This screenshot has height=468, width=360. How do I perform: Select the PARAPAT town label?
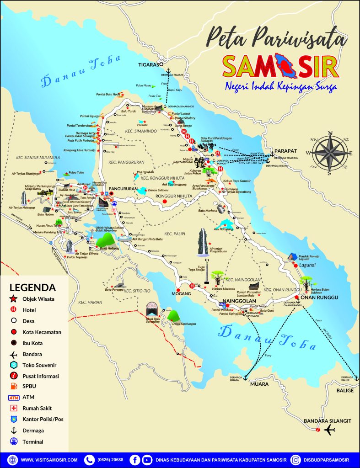pyautogui.click(x=286, y=151)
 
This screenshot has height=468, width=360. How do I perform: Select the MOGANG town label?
pyautogui.click(x=180, y=293)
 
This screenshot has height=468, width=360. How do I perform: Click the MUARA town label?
pyautogui.click(x=259, y=384)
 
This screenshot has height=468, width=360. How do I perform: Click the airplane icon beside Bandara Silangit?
pyautogui.click(x=329, y=430)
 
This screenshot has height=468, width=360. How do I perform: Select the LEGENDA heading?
pyautogui.click(x=32, y=288)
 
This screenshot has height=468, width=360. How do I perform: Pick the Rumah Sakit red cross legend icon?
pyautogui.click(x=13, y=408)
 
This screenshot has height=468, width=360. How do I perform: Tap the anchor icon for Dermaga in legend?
pyautogui.click(x=13, y=431)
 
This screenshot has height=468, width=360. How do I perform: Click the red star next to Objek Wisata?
pyautogui.click(x=13, y=299)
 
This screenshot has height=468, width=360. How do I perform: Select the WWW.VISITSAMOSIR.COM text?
pyautogui.click(x=49, y=460)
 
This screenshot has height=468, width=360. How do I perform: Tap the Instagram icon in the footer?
pyautogui.click(x=296, y=460)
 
